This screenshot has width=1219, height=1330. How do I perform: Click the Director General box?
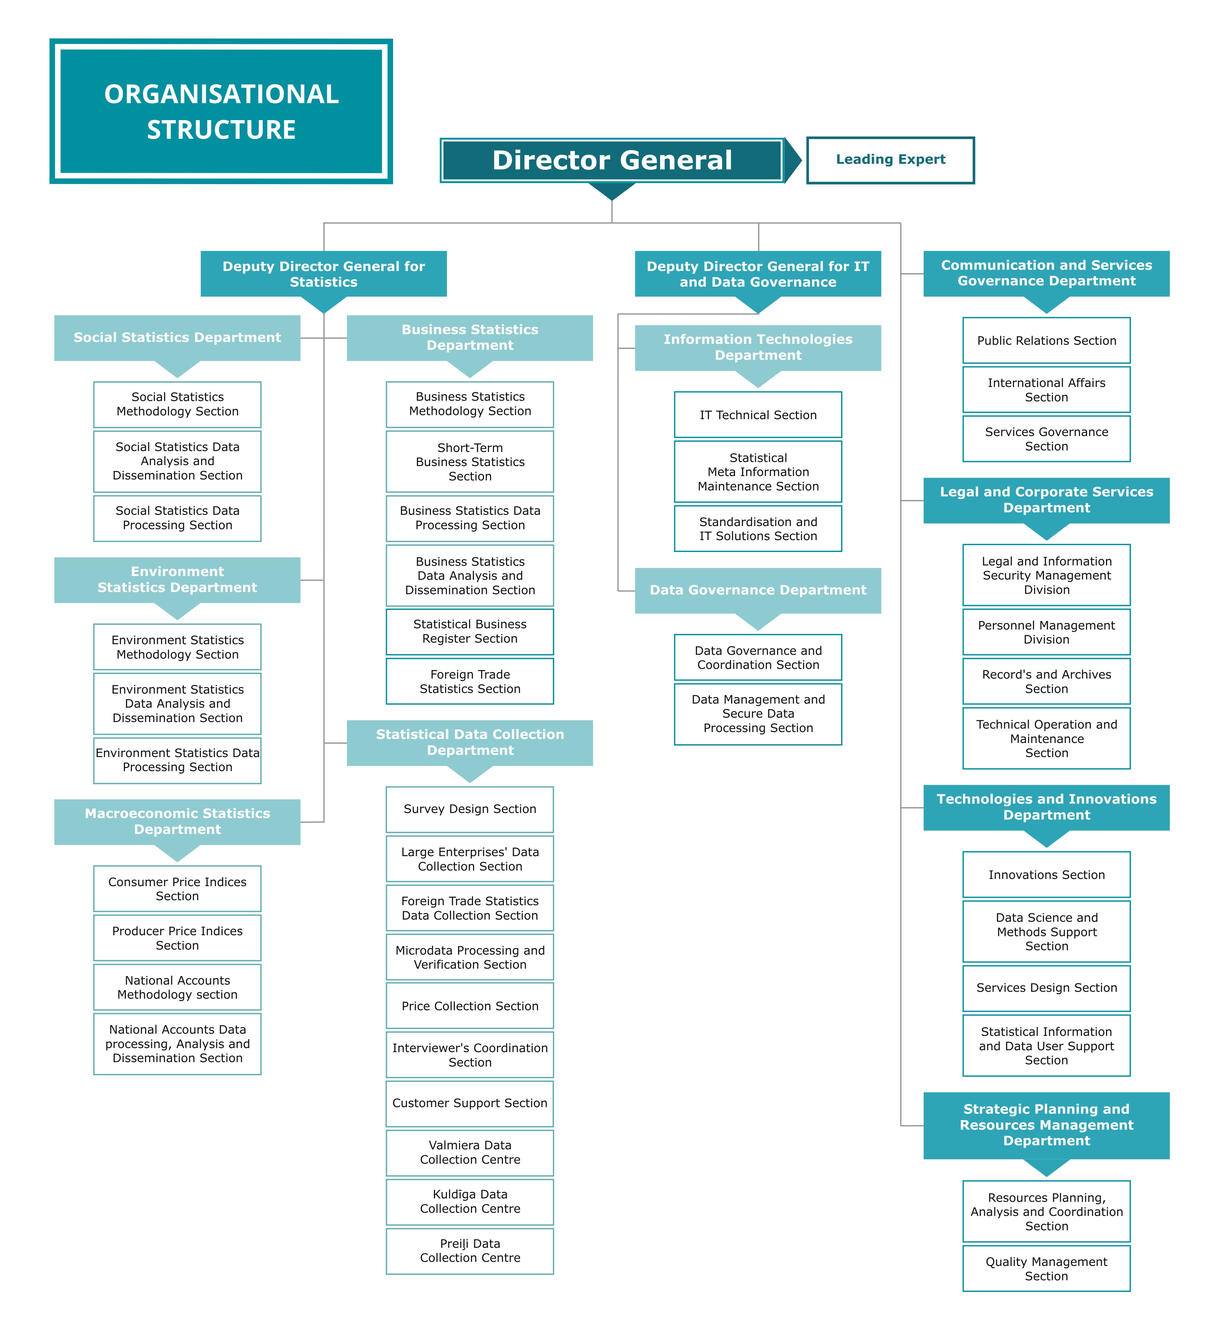pyautogui.click(x=612, y=160)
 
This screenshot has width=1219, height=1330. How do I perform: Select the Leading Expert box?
pyautogui.click(x=890, y=160)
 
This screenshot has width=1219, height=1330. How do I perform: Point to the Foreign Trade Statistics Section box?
pyautogui.click(x=470, y=681)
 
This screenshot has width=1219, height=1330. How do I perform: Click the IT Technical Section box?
pyautogui.click(x=758, y=415)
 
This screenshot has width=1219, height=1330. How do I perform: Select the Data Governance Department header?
pyautogui.click(x=758, y=590)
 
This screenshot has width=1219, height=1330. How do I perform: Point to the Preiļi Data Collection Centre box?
pyautogui.click(x=470, y=1251)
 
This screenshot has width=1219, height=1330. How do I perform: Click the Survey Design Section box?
pyautogui.click(x=470, y=810)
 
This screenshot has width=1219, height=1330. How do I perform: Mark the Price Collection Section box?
pyautogui.click(x=470, y=1006)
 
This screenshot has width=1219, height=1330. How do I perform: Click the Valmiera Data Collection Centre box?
pyautogui.click(x=470, y=1152)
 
